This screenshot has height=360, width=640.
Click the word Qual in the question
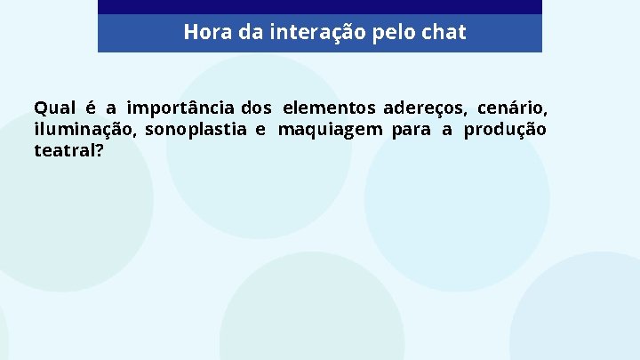pyautogui.click(x=53, y=108)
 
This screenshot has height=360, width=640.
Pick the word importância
pyautogui.click(x=181, y=108)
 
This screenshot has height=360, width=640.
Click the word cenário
pyautogui.click(x=512, y=108)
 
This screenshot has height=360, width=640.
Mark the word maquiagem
pyautogui.click(x=331, y=130)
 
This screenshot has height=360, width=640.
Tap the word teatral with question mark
pyautogui.click(x=68, y=151)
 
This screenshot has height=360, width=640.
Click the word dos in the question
pyautogui.click(x=256, y=108)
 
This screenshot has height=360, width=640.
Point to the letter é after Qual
pyautogui.click(x=90, y=108)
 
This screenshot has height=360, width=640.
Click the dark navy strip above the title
pyautogui.click(x=319, y=6)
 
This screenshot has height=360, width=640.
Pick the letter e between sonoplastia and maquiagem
pyautogui.click(x=260, y=130)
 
